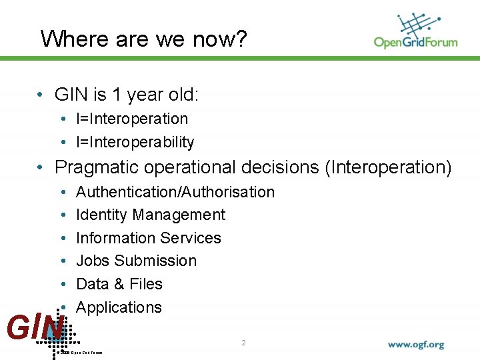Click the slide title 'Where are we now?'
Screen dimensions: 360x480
click(x=143, y=39)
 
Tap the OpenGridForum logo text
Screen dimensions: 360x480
click(x=415, y=43)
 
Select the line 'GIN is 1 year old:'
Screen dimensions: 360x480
click(x=127, y=95)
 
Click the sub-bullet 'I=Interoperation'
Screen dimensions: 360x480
click(x=132, y=119)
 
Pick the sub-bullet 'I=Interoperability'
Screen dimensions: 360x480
click(x=135, y=142)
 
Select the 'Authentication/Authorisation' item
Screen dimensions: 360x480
click(x=175, y=192)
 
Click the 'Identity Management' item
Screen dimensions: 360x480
click(x=151, y=215)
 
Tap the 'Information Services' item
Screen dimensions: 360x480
click(x=149, y=238)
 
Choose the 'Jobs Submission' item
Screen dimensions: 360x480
click(x=137, y=261)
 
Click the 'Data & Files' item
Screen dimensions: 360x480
click(x=119, y=284)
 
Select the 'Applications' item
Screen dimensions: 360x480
click(x=119, y=307)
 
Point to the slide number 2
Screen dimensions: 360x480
click(x=243, y=343)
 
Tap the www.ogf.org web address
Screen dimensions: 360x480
click(x=415, y=345)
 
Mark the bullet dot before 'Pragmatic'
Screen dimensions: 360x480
click(x=41, y=167)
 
